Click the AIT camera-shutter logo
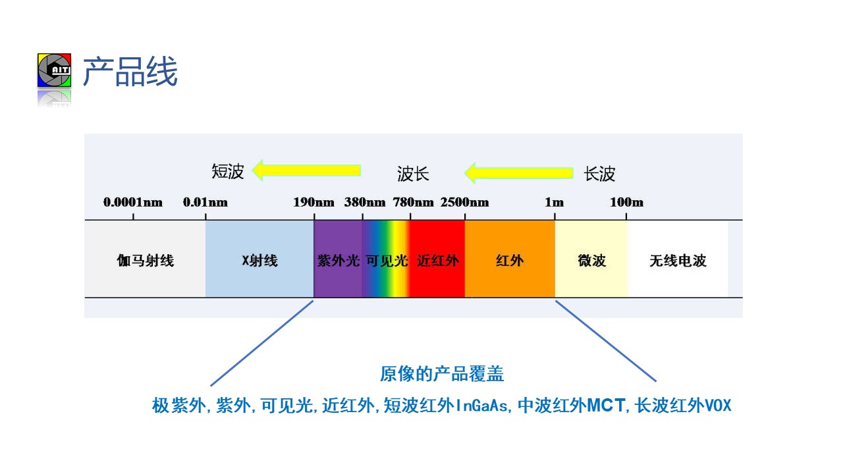click(x=54, y=70)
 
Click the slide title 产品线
click(x=130, y=72)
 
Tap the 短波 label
click(x=228, y=172)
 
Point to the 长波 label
click(x=599, y=174)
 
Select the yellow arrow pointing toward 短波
click(x=306, y=171)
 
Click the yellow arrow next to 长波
click(x=518, y=173)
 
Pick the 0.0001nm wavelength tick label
click(x=133, y=202)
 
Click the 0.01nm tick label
click(x=205, y=202)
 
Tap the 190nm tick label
click(x=313, y=202)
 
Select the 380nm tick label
click(x=365, y=202)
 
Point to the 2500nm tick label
click(x=465, y=202)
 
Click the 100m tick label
click(x=626, y=202)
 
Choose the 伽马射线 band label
click(x=146, y=260)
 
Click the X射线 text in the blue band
click(x=259, y=260)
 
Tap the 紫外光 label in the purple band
click(x=338, y=260)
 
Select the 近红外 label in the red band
click(x=438, y=260)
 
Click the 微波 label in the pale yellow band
click(x=592, y=260)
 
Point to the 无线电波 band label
click(x=678, y=260)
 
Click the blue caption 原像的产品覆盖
click(x=442, y=374)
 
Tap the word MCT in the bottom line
click(x=606, y=406)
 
